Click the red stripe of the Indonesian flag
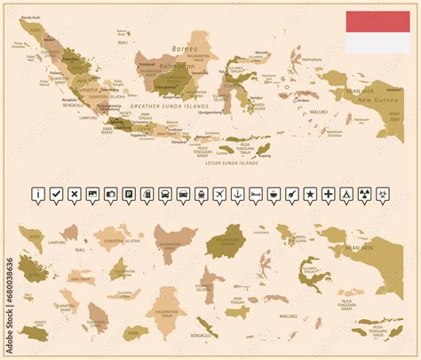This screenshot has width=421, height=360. pyautogui.click(x=377, y=22)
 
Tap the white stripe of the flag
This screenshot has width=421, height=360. pyautogui.click(x=377, y=43)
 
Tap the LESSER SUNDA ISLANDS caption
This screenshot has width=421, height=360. pyautogui.click(x=230, y=163)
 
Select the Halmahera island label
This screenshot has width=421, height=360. pyautogui.click(x=311, y=60)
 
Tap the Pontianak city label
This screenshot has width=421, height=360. pyautogui.click(x=147, y=64)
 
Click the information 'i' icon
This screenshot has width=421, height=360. pyautogui.click(x=37, y=194)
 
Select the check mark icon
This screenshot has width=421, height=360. pyautogui.click(x=56, y=194)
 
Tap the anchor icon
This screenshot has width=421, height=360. pyautogui.click(x=237, y=194)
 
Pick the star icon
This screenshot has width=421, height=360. pyautogui.click(x=310, y=194)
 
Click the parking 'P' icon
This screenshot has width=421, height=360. pyautogui.click(x=129, y=194)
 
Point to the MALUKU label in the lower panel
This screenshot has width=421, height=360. pyautogui.click(x=289, y=316)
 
